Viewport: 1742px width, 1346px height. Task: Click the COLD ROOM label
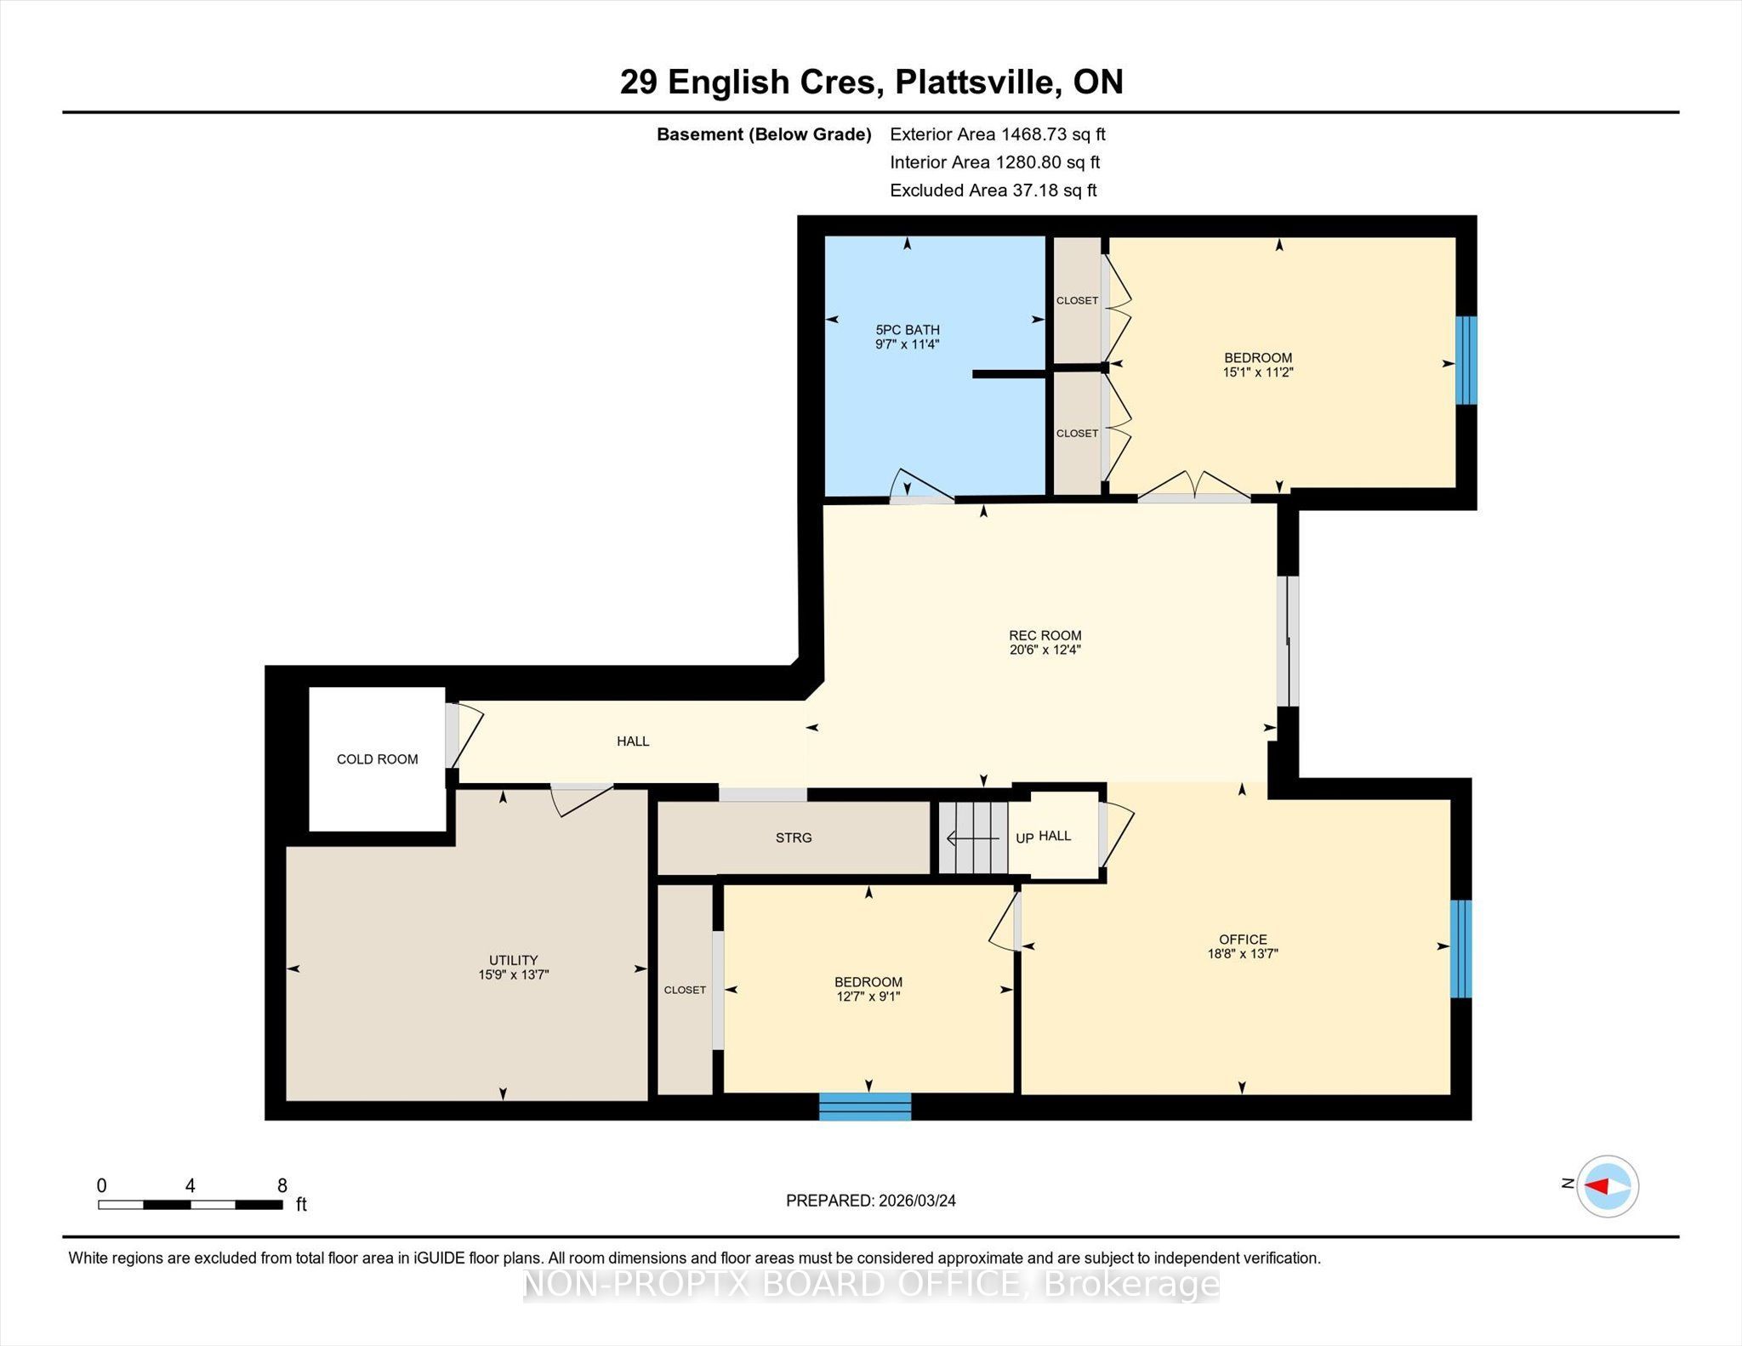pos(378,759)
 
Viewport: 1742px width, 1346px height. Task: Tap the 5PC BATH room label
pos(908,330)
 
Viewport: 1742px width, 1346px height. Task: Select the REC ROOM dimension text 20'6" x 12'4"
pos(1045,650)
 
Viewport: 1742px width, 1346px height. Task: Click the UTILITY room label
pos(514,960)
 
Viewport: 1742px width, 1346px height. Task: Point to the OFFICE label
pos(1243,940)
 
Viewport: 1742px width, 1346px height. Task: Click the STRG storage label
pos(794,838)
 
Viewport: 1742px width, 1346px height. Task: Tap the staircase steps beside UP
pos(973,838)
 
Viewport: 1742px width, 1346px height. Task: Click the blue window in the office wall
pos(1460,949)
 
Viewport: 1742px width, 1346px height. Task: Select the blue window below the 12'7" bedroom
pos(865,1106)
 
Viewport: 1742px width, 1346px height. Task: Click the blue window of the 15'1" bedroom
pos(1466,361)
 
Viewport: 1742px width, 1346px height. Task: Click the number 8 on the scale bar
pos(282,1184)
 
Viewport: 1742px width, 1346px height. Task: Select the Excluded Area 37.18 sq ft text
pos(993,190)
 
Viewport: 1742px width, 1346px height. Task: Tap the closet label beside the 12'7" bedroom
pos(685,990)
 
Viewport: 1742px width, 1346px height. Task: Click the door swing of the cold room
pos(466,735)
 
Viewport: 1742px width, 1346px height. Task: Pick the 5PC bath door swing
pos(921,484)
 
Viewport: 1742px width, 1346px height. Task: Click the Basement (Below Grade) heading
pos(764,134)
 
